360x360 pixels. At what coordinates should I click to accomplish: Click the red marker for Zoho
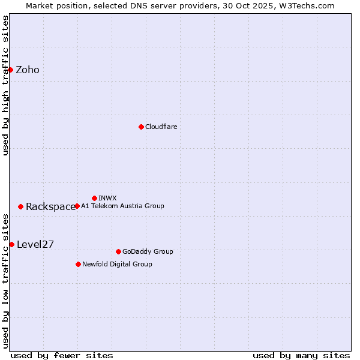10,70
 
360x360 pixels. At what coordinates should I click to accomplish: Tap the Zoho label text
28,70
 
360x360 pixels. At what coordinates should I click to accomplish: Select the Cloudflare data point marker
141,127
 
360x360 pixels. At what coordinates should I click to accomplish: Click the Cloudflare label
161,127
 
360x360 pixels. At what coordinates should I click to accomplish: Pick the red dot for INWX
94,198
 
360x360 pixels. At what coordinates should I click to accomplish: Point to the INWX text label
107,198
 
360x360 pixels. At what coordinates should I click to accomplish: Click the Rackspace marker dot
20,206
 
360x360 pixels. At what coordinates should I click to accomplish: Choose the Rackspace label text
50,207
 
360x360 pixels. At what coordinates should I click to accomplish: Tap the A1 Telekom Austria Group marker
77,206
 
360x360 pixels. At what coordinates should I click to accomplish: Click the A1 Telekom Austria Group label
122,206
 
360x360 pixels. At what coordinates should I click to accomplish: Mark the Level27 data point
11,244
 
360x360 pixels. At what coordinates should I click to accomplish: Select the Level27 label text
35,244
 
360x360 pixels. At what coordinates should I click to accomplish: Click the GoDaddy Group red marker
118,251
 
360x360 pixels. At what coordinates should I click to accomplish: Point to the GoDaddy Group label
148,251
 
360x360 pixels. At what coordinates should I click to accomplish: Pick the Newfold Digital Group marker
78,264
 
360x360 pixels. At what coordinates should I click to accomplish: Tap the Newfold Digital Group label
117,264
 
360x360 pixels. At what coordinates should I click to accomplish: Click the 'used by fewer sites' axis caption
62,355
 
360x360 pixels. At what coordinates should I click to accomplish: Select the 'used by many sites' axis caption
301,355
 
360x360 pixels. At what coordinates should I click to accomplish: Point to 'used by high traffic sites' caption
6,85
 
